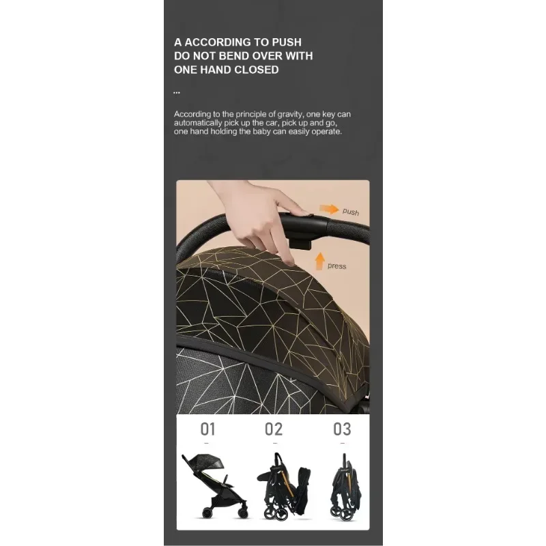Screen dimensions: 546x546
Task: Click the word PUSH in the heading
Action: coord(287,42)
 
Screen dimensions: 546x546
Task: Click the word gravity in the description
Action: coord(289,114)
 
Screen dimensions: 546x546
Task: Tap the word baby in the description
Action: coord(261,132)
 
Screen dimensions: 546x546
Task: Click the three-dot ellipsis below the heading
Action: coord(177,93)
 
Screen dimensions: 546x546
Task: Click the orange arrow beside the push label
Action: coord(329,209)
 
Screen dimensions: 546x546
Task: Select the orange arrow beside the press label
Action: coord(319,261)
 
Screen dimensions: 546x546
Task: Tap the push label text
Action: coord(351,212)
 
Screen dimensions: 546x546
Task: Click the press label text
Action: coord(336,266)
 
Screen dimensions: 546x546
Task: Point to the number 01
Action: coord(207,429)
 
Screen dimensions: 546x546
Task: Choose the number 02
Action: coord(274,429)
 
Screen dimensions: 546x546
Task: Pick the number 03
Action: coord(342,429)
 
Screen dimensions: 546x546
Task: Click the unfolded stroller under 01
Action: coord(215,486)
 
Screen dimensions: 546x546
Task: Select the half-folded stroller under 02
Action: coord(284,487)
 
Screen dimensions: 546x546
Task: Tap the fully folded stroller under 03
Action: coord(345,487)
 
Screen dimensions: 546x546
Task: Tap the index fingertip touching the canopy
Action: coord(288,261)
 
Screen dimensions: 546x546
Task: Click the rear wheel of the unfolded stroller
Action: coord(207,513)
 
